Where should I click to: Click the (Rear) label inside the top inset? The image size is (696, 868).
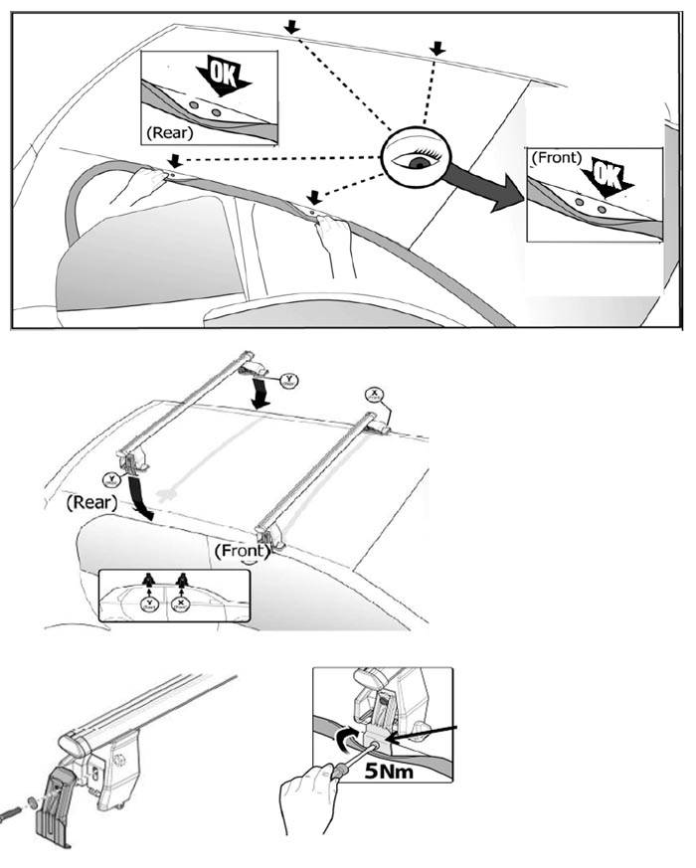coord(169,131)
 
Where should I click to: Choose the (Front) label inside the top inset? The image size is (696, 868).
coord(557,157)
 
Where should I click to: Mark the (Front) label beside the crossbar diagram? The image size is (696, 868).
coord(240,550)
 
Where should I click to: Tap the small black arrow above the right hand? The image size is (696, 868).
coord(315,197)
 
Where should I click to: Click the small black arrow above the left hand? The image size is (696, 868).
coord(175,159)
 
